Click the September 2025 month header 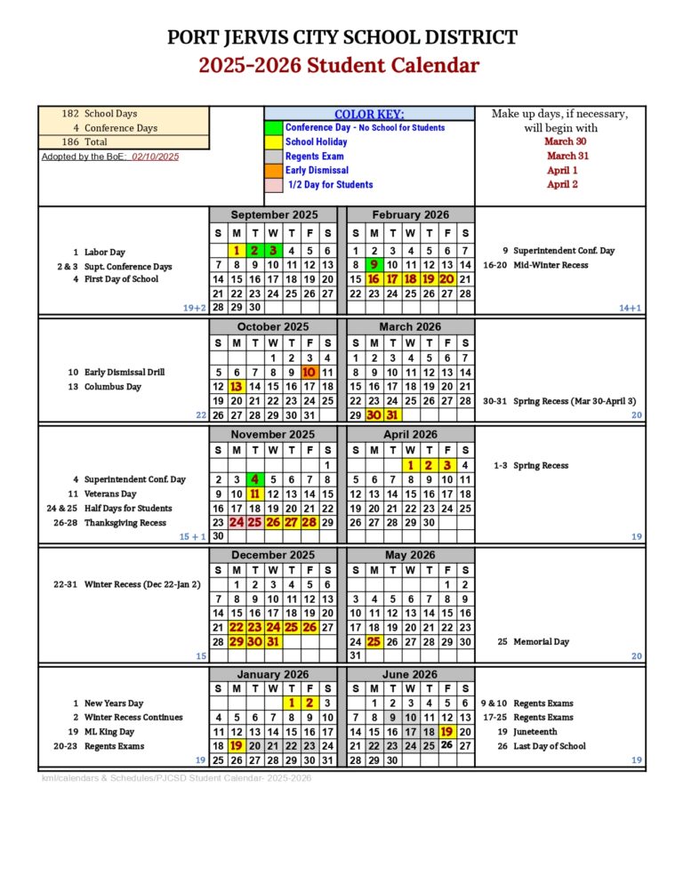pos(273,215)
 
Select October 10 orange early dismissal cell pos(309,373)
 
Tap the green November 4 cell pos(255,480)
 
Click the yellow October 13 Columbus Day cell pos(237,387)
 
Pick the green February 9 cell pos(374,265)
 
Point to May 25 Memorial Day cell pos(374,642)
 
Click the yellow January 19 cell pos(237,746)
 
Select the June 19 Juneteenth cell pos(446,732)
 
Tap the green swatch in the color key pos(273,128)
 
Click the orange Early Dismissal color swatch pos(273,171)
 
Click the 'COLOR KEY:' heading pos(368,114)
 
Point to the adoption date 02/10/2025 pos(156,157)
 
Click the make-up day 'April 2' pos(562,184)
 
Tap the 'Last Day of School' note pos(549,746)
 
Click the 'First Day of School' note pos(121,279)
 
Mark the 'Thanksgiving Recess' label pos(125,523)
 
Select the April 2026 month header pos(409,435)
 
